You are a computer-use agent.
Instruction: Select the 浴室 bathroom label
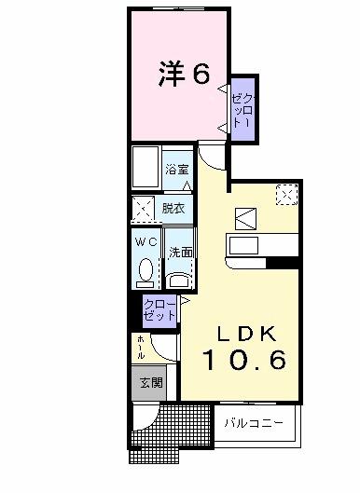[x=177, y=170]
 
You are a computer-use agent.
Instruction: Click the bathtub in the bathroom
[x=146, y=168]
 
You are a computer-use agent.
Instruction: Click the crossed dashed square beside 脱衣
[x=143, y=210]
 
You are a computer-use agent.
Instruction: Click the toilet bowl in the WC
[x=145, y=270]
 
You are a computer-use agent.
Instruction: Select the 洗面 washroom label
[x=180, y=253]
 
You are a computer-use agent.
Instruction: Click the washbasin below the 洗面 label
[x=179, y=277]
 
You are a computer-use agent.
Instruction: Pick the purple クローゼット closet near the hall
[x=159, y=309]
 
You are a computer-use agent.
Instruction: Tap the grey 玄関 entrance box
[x=150, y=382]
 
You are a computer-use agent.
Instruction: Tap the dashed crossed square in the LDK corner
[x=286, y=194]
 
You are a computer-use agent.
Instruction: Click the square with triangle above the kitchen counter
[x=245, y=217]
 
